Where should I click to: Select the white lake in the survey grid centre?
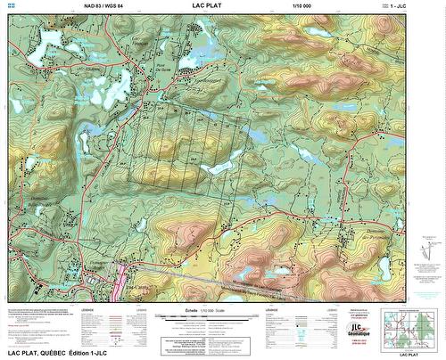tap(218, 167)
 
